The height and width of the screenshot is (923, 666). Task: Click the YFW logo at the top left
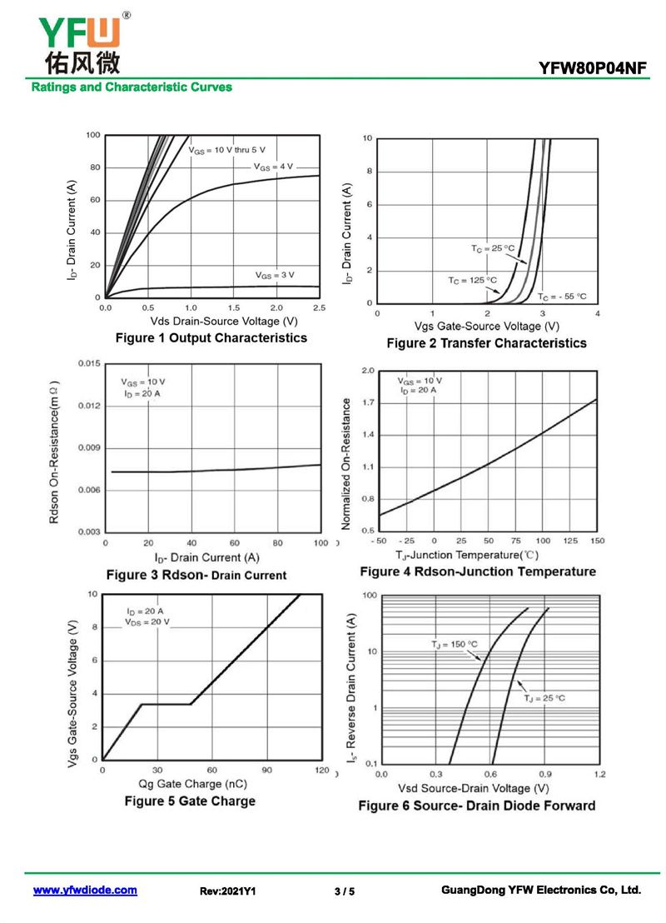79,42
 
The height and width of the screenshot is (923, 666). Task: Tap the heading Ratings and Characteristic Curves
132,87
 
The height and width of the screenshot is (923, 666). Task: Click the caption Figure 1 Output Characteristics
211,337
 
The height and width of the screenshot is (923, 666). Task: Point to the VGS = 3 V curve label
275,275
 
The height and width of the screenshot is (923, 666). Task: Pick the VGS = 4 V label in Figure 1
274,167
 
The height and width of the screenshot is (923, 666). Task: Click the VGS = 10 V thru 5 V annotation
227,149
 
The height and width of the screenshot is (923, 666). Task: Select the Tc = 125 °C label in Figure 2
472,280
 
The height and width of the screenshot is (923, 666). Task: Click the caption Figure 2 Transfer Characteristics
486,343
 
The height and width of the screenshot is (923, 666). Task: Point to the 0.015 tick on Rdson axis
87,364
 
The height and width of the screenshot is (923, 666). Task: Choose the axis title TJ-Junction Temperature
467,555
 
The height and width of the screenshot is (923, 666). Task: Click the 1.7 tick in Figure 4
368,403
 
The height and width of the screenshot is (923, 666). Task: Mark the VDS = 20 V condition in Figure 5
147,622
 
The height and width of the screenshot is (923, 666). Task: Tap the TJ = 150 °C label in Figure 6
455,644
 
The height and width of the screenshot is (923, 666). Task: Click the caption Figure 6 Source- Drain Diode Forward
477,806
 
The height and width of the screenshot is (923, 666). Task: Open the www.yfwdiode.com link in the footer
85,891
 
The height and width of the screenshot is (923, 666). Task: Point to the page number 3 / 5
345,891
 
